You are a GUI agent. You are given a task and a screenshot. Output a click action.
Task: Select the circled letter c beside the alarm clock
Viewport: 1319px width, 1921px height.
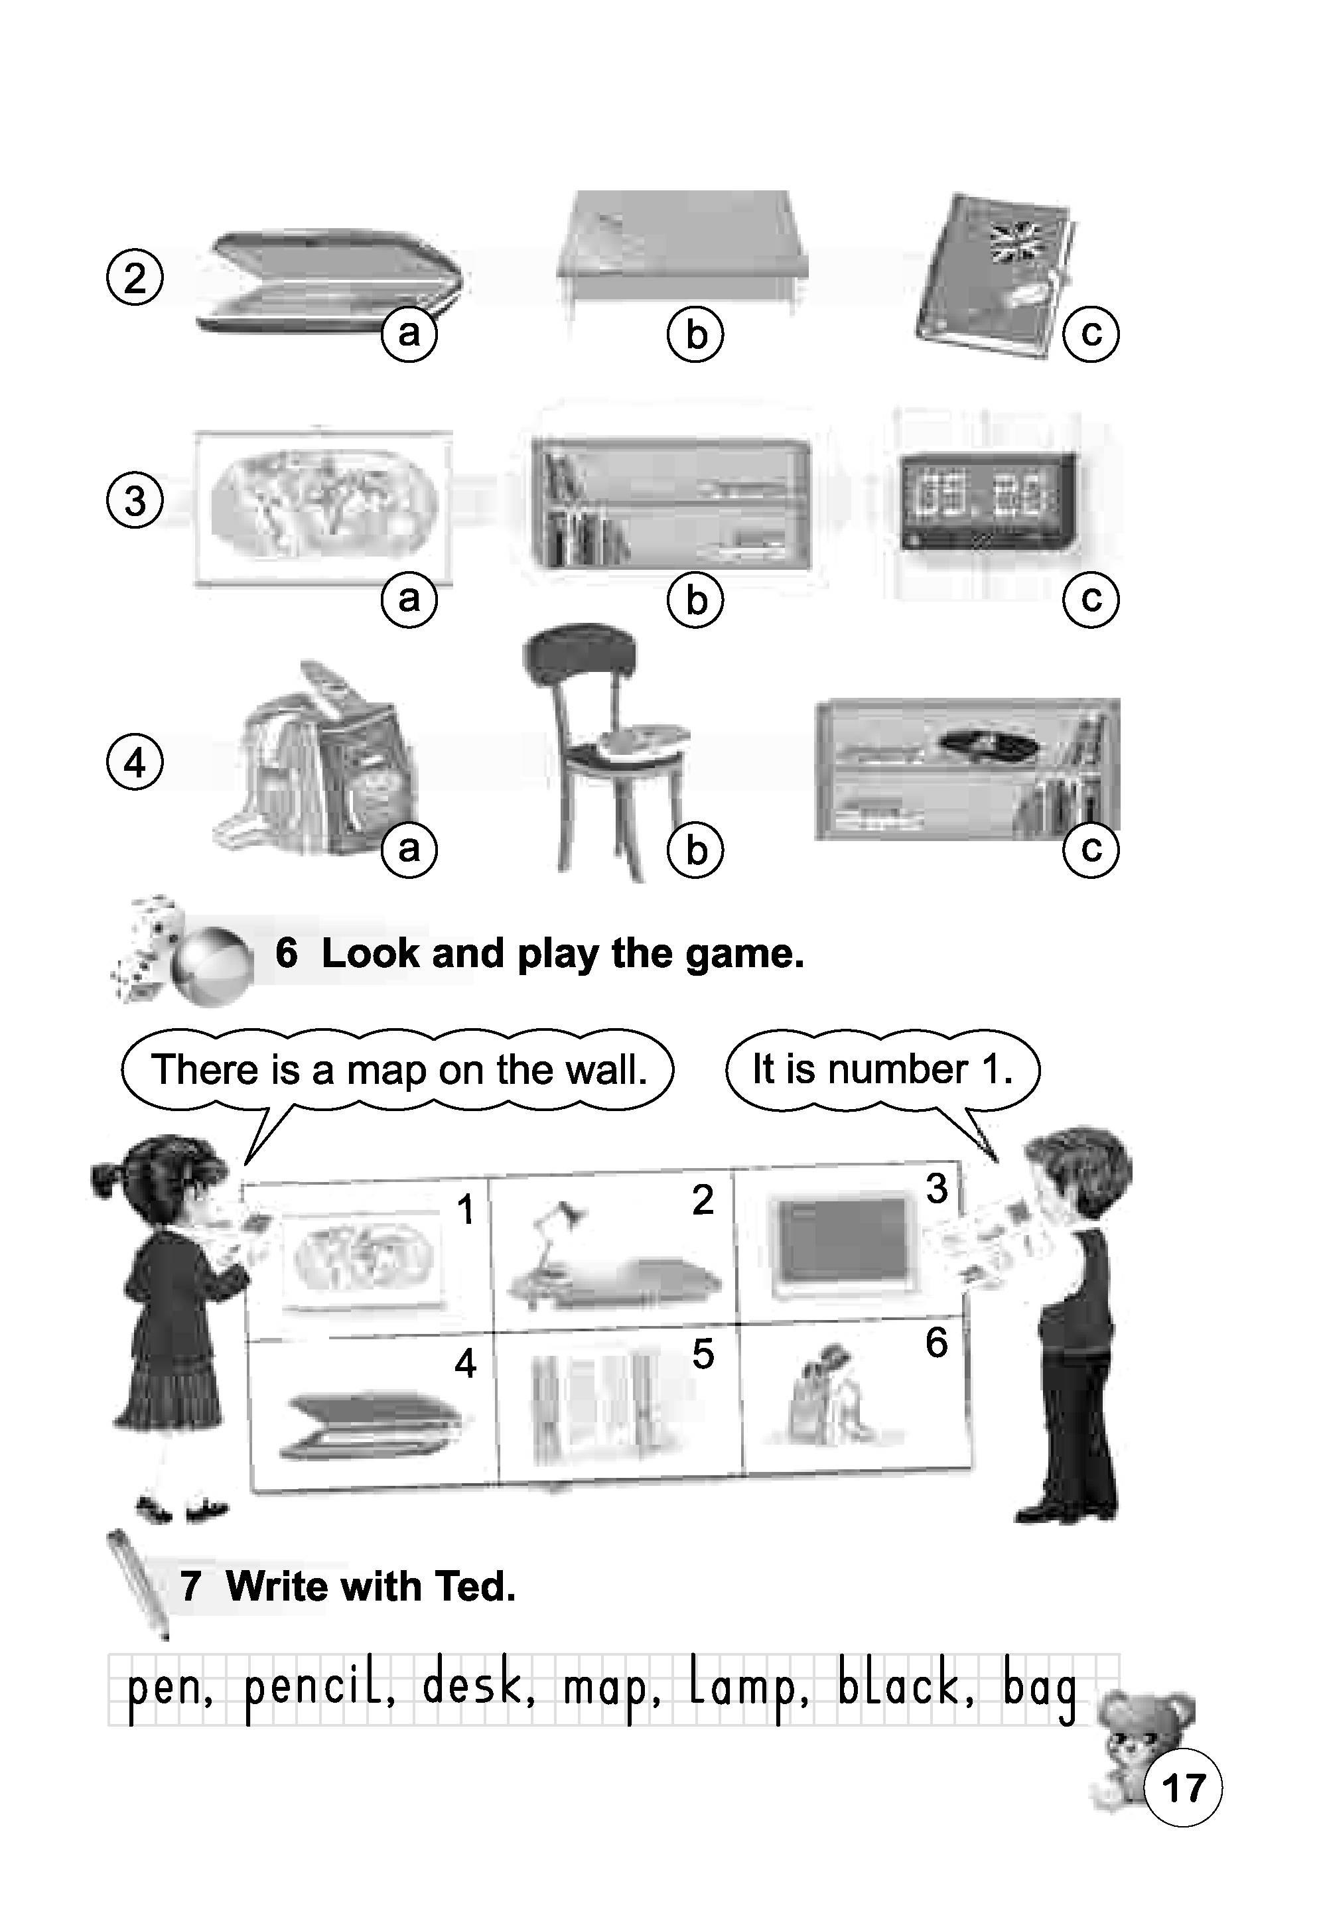point(1091,598)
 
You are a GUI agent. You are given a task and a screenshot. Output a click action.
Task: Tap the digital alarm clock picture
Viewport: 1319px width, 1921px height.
point(989,501)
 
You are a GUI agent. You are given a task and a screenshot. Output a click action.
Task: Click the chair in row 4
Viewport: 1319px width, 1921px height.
point(607,752)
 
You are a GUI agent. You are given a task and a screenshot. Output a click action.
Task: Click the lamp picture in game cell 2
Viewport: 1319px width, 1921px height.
point(612,1256)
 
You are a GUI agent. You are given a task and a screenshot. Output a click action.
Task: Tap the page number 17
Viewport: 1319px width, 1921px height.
point(1182,1788)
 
